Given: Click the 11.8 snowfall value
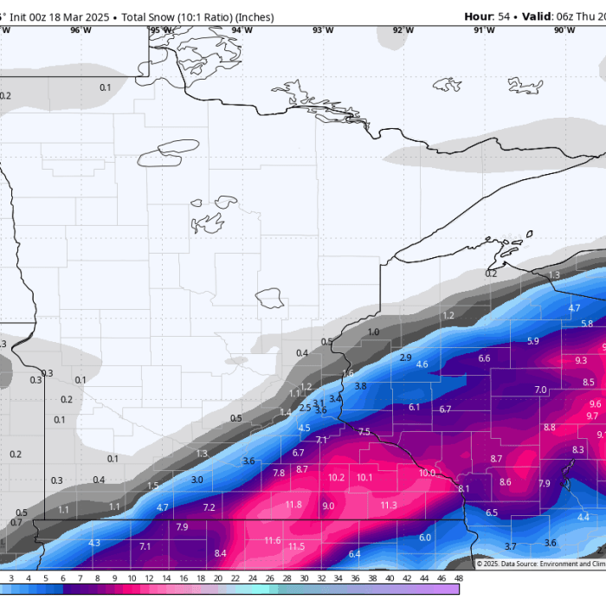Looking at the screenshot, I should (293, 505).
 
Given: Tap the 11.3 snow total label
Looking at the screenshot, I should (389, 505).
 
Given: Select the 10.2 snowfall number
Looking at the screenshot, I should (337, 478).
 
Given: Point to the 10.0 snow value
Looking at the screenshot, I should (427, 473).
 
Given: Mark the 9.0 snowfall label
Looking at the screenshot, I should (328, 506).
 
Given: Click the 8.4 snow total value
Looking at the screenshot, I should (220, 553).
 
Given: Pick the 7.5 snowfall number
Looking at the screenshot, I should (364, 432).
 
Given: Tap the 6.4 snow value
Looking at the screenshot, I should (354, 554).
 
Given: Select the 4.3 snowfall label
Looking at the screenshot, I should (94, 543).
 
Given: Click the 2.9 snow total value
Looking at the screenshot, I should (405, 358).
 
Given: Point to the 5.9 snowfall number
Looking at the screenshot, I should (532, 341).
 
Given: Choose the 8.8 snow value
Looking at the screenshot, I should (550, 428).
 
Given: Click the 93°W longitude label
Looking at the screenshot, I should (323, 30).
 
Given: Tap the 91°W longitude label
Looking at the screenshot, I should (484, 30).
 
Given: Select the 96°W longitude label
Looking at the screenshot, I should (81, 30).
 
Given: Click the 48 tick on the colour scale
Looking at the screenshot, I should (457, 577).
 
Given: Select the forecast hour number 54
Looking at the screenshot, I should (504, 16).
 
